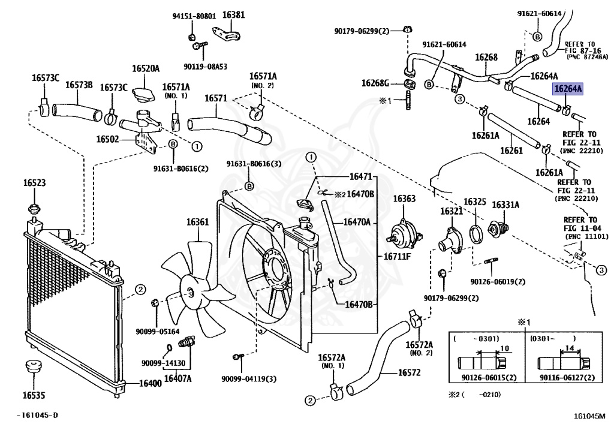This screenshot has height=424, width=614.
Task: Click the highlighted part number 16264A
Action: (x=567, y=89)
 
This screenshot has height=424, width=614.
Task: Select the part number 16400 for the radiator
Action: (x=150, y=383)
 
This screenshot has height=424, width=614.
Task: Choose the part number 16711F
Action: (x=397, y=257)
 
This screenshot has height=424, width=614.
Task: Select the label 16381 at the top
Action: (x=234, y=15)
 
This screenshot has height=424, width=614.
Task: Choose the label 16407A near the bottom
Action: (x=178, y=378)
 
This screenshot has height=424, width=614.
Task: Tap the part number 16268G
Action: (x=375, y=83)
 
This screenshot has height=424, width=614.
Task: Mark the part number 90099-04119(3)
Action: (x=249, y=378)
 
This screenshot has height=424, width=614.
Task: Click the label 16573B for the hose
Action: (x=79, y=85)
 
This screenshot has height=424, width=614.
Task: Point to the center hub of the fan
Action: (x=190, y=293)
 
